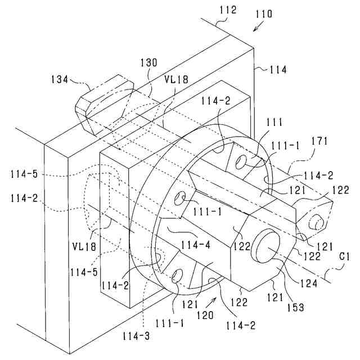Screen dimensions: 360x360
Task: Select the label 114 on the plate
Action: (277, 70)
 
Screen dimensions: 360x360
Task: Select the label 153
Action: (297, 307)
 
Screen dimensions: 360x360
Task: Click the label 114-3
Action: (135, 336)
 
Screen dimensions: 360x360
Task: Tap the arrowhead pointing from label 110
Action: (254, 28)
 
